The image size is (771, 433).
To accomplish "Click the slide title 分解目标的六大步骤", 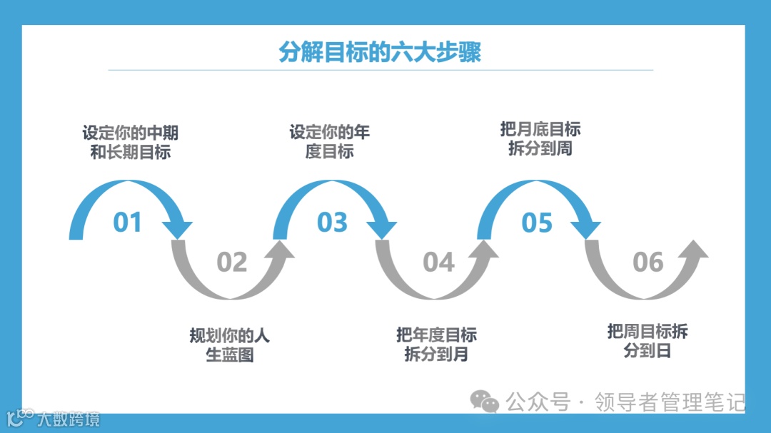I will [x=380, y=52].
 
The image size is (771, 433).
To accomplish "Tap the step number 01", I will [x=128, y=223].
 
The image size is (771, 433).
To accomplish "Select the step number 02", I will [x=231, y=263].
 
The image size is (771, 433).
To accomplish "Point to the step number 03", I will [x=332, y=223].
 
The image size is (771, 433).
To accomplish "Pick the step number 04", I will [x=438, y=263].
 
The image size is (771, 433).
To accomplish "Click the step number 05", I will [x=537, y=223].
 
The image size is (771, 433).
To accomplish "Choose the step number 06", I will [x=647, y=263].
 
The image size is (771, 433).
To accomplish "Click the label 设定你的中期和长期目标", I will [x=130, y=142].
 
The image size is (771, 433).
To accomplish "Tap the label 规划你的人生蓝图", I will [x=230, y=345].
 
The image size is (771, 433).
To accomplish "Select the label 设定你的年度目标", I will [x=330, y=142].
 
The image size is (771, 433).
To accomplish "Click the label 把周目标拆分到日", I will [x=647, y=340].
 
